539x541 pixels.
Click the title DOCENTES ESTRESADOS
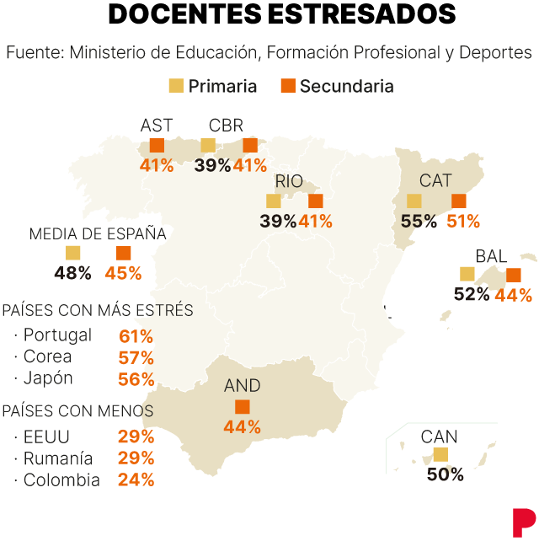(270, 15)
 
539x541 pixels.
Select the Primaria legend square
(176, 85)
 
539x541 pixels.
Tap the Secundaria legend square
(287, 85)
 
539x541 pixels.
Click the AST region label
(157, 126)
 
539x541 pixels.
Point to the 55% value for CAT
(419, 222)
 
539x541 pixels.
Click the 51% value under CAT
(463, 222)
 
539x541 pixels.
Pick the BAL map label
(491, 256)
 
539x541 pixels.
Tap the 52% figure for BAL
(472, 294)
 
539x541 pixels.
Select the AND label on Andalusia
(243, 386)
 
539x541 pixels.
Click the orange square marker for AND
(243, 407)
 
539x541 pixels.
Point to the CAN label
(440, 437)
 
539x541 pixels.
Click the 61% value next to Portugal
(136, 335)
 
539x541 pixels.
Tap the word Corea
(48, 356)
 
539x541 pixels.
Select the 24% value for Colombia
(136, 480)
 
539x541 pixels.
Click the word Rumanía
(58, 459)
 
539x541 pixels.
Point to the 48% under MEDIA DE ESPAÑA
(72, 273)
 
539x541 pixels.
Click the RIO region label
(289, 181)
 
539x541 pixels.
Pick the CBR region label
(226, 126)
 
